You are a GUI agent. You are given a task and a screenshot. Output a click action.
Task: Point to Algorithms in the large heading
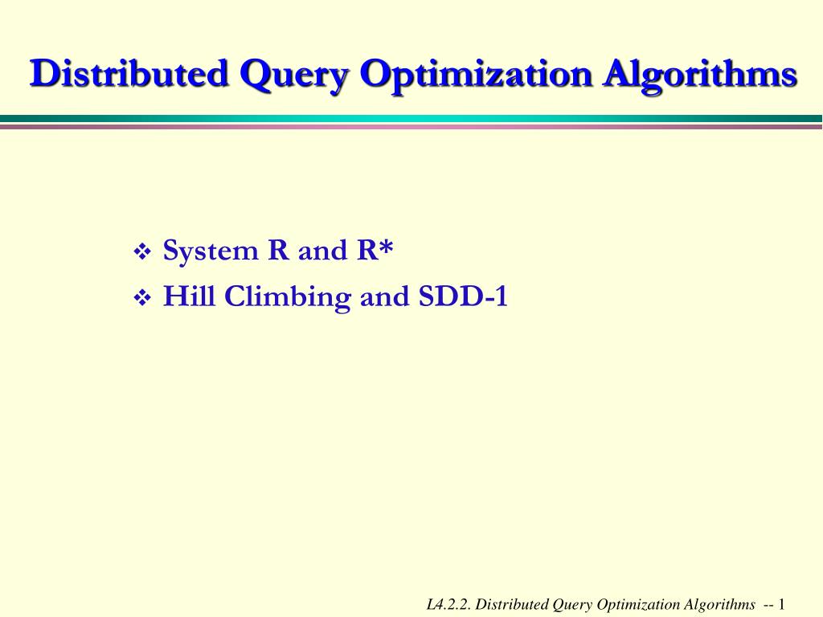[701, 76]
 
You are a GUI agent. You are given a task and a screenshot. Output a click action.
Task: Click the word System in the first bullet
[211, 251]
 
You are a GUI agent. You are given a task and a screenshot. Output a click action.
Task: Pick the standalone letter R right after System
[278, 251]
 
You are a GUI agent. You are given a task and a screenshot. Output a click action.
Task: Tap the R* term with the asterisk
[375, 251]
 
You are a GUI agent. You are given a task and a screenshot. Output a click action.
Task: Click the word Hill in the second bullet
[190, 297]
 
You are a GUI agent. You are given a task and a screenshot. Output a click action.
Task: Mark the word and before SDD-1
[385, 297]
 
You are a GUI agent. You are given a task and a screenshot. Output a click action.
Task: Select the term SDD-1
[463, 297]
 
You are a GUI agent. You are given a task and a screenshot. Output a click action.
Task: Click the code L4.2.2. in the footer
[450, 604]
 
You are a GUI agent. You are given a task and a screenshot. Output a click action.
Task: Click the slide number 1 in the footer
[781, 604]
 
